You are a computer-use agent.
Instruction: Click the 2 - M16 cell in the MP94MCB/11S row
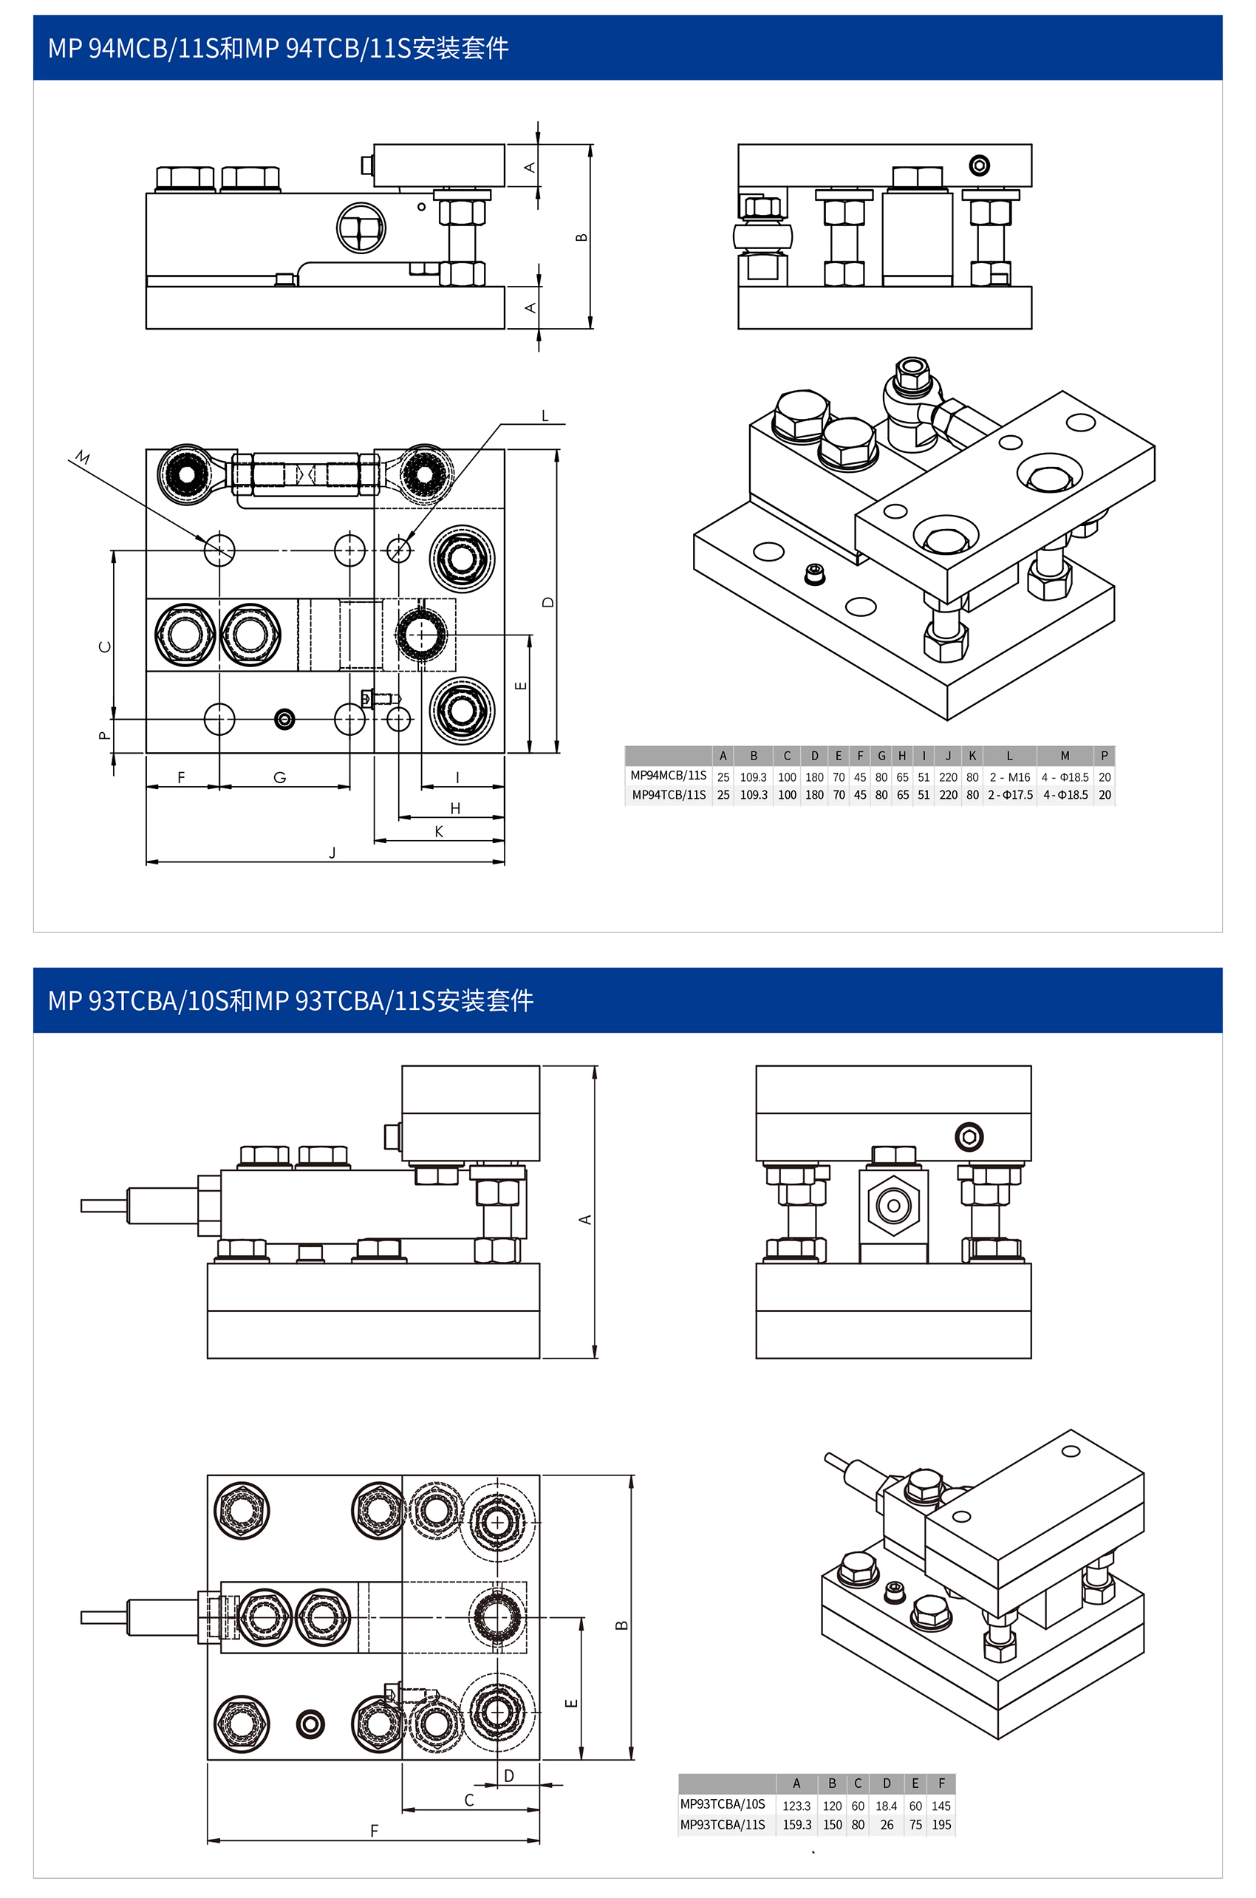1009,776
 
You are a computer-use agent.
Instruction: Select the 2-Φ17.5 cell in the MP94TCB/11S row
1009,795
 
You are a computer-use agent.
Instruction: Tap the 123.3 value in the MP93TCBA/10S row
796,1806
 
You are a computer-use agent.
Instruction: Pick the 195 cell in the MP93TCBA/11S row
941,1824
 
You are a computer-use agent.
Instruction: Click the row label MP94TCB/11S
669,795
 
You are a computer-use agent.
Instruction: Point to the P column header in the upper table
1104,755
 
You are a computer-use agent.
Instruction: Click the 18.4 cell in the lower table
886,1806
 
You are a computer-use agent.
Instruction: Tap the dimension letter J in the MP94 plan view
332,853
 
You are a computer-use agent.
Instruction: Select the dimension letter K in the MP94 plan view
439,831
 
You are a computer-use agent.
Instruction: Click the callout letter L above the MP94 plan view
545,416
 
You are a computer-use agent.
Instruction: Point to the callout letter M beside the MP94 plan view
83,457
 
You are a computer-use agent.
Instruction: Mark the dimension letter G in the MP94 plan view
279,776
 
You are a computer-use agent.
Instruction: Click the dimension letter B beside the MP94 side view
581,237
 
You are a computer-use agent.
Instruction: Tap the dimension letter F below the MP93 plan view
374,1830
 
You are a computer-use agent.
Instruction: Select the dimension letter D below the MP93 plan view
508,1775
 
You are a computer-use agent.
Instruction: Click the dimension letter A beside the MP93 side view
586,1220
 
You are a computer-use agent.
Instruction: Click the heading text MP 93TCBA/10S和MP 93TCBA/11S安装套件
291,1001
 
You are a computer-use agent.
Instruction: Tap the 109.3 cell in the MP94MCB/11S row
753,776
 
